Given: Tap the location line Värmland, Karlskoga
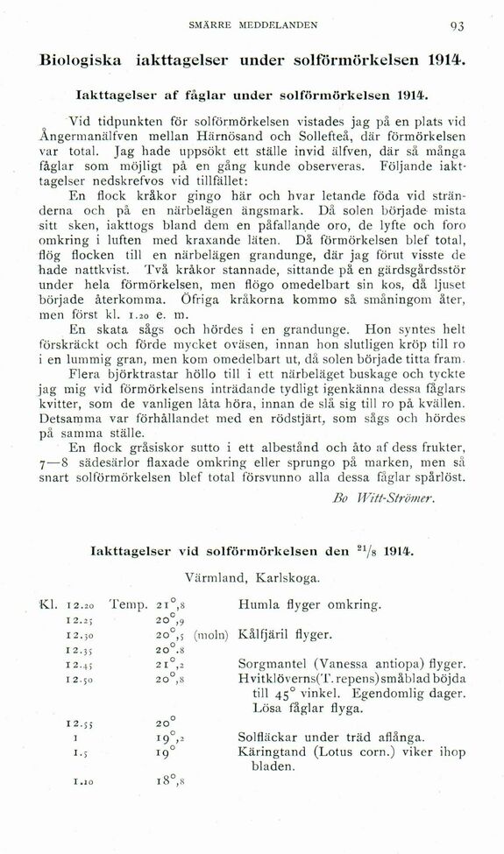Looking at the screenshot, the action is (252, 578).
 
